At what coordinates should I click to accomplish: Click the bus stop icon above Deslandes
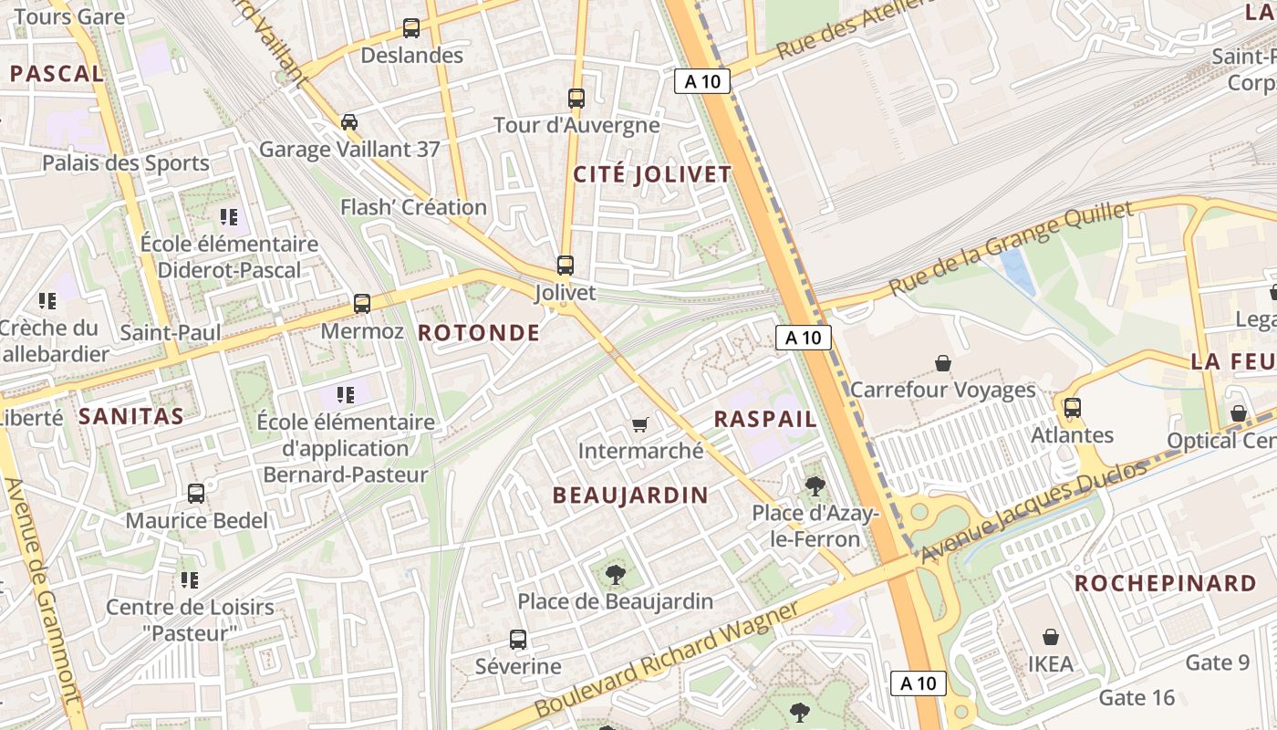pyautogui.click(x=411, y=28)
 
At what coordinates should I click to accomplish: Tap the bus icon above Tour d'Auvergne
pyautogui.click(x=576, y=98)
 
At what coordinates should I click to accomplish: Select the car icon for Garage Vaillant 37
pyautogui.click(x=348, y=122)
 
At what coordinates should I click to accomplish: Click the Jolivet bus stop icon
pyautogui.click(x=566, y=266)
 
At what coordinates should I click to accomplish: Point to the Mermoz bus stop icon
pyautogui.click(x=362, y=304)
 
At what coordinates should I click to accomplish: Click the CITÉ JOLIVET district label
pyautogui.click(x=652, y=174)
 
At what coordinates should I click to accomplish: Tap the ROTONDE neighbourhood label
pyautogui.click(x=479, y=333)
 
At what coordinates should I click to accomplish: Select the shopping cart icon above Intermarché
pyautogui.click(x=640, y=424)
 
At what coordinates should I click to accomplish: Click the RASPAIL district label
pyautogui.click(x=765, y=419)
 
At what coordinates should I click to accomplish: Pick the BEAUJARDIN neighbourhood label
pyautogui.click(x=630, y=495)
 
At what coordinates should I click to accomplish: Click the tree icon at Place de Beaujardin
pyautogui.click(x=616, y=575)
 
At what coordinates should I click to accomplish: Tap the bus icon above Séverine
pyautogui.click(x=518, y=640)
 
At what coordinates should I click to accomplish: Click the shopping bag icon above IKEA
pyautogui.click(x=1051, y=637)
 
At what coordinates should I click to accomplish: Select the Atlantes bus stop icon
pyautogui.click(x=1073, y=408)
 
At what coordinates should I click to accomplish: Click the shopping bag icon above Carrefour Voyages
pyautogui.click(x=943, y=363)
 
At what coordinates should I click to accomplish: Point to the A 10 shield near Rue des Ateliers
pyautogui.click(x=702, y=81)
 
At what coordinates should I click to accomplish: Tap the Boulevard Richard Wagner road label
pyautogui.click(x=667, y=659)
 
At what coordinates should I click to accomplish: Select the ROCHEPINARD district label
pyautogui.click(x=1166, y=583)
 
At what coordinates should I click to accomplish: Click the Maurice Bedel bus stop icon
pyautogui.click(x=196, y=494)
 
